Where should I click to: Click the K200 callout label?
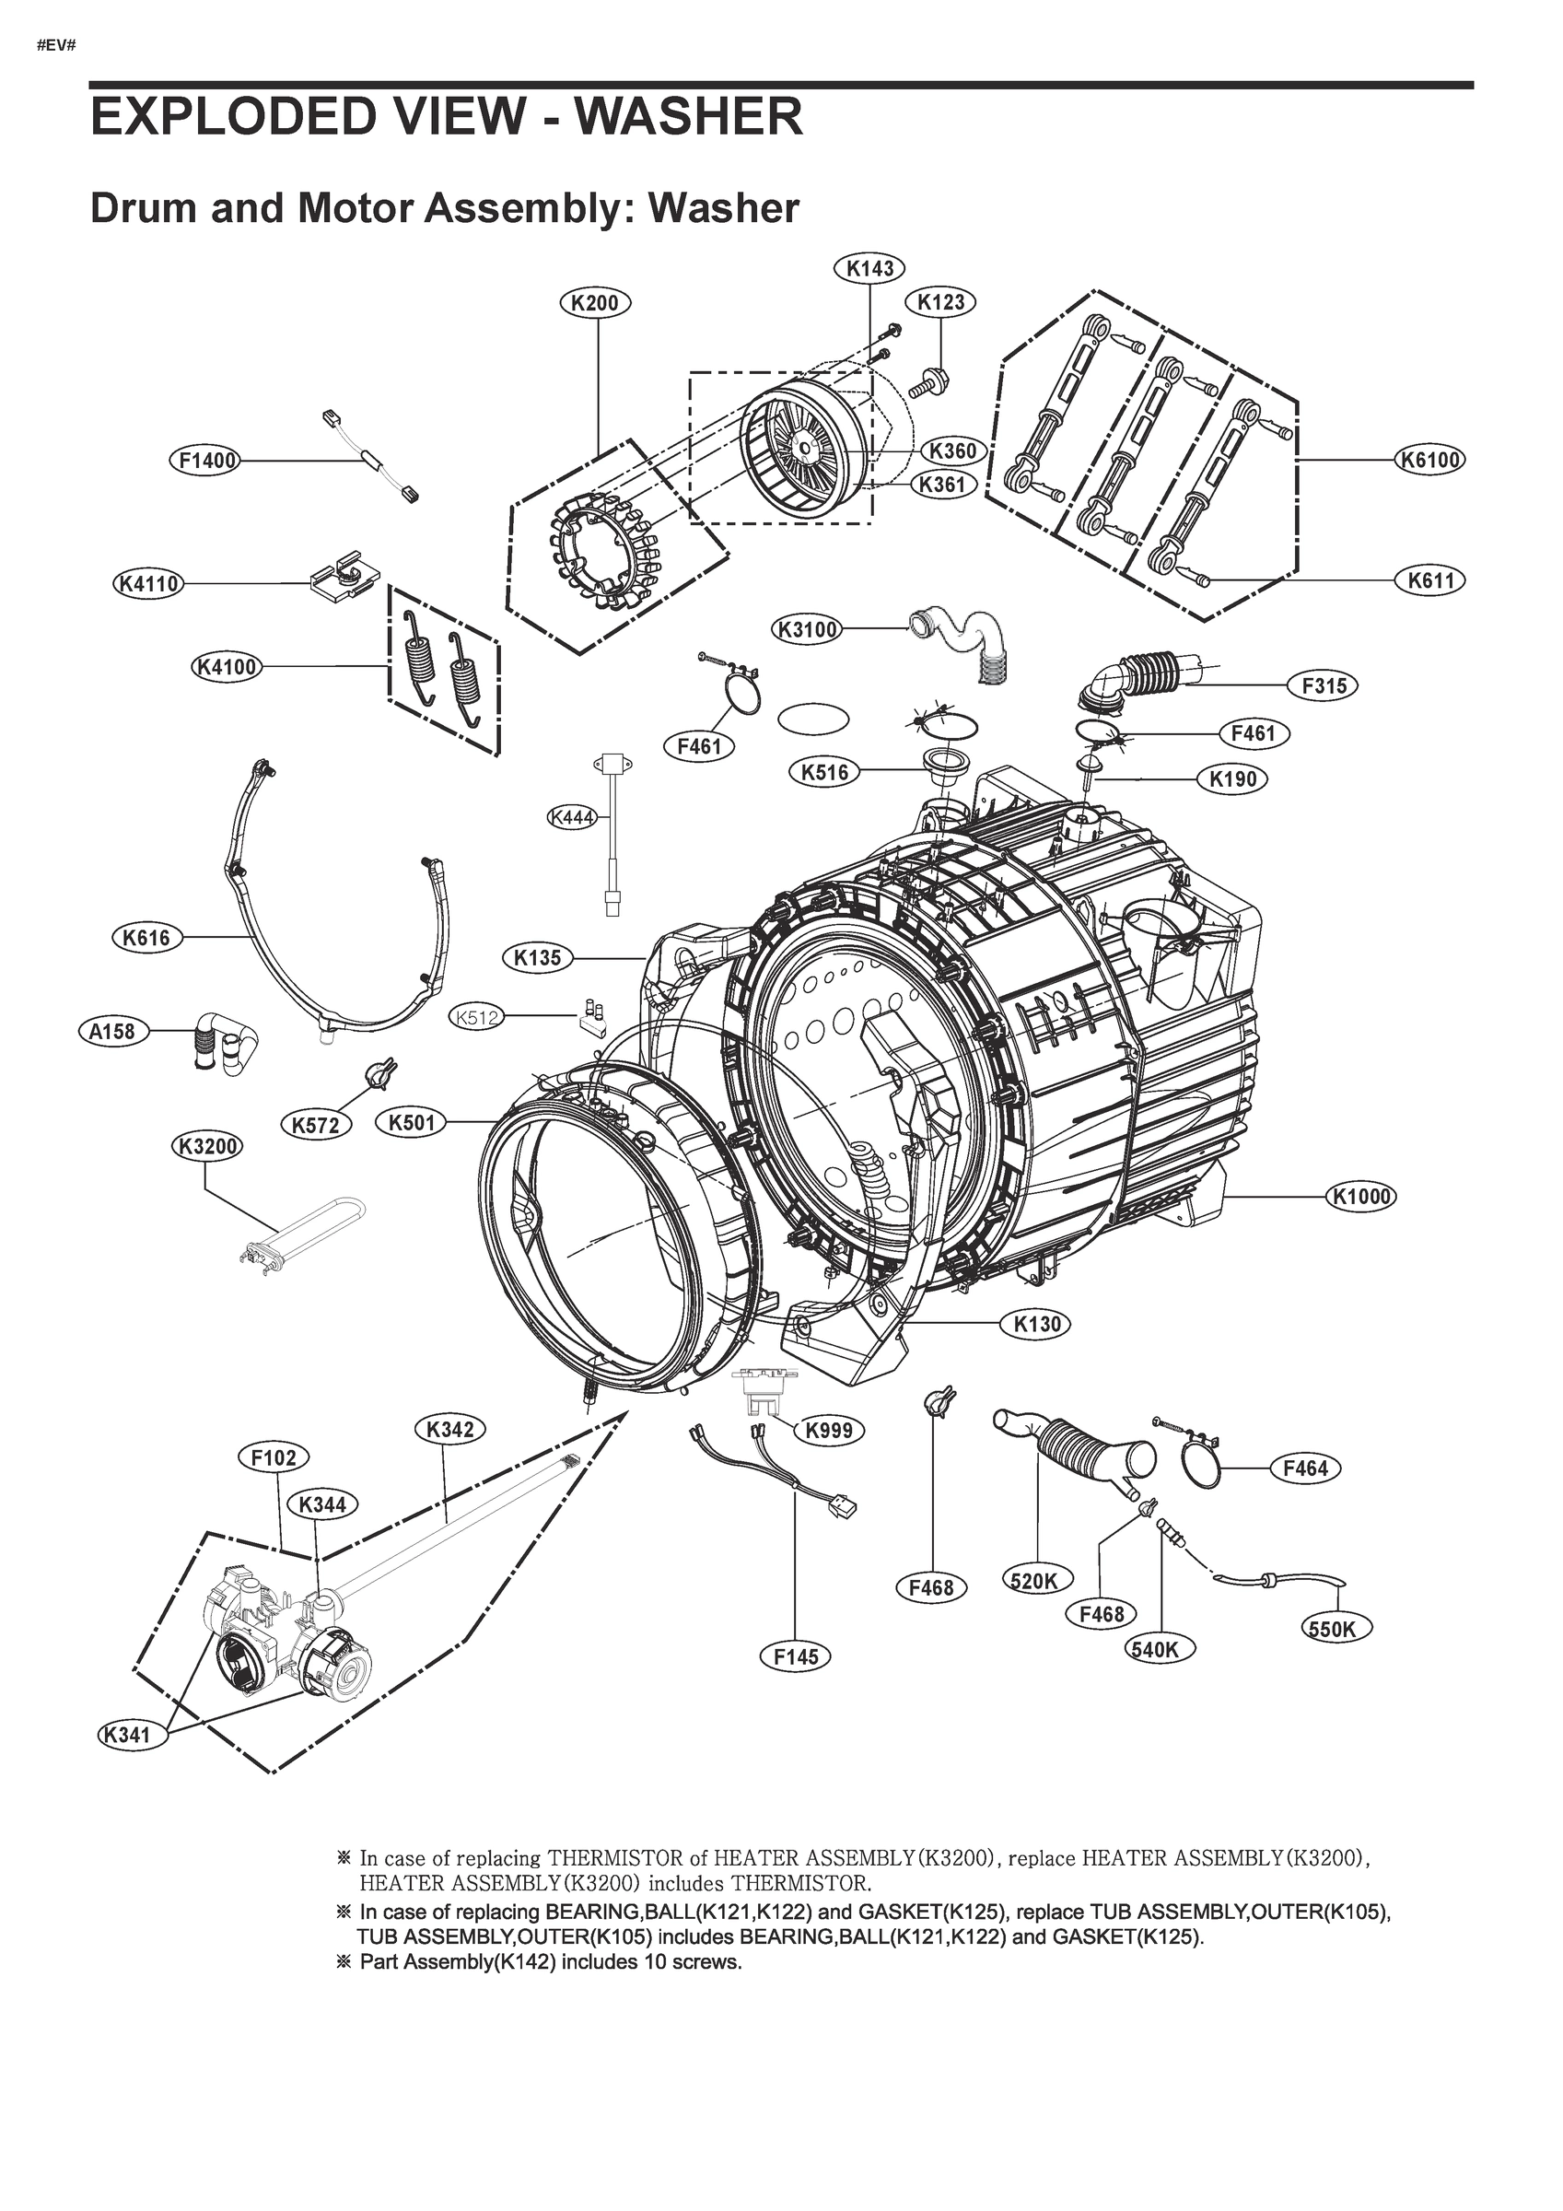pyautogui.click(x=594, y=303)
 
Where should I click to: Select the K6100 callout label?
pyautogui.click(x=1431, y=461)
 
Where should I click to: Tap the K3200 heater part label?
pyautogui.click(x=206, y=1146)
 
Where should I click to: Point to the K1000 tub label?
pyautogui.click(x=1360, y=1196)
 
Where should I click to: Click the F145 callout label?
pyautogui.click(x=796, y=1656)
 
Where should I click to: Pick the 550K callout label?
pyautogui.click(x=1336, y=1629)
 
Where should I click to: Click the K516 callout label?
pyautogui.click(x=824, y=771)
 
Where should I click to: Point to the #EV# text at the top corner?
pyautogui.click(x=56, y=46)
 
